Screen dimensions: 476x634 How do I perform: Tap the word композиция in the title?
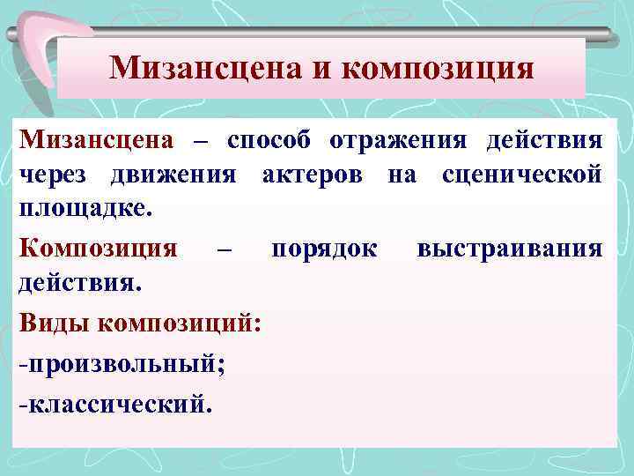(437, 68)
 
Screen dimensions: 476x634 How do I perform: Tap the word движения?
(173, 175)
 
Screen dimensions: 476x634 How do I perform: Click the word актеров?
(317, 175)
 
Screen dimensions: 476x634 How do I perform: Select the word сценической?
(523, 175)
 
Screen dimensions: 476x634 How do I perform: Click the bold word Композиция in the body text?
(98, 248)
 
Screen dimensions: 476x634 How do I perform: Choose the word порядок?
(324, 248)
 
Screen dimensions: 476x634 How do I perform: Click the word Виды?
(54, 321)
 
